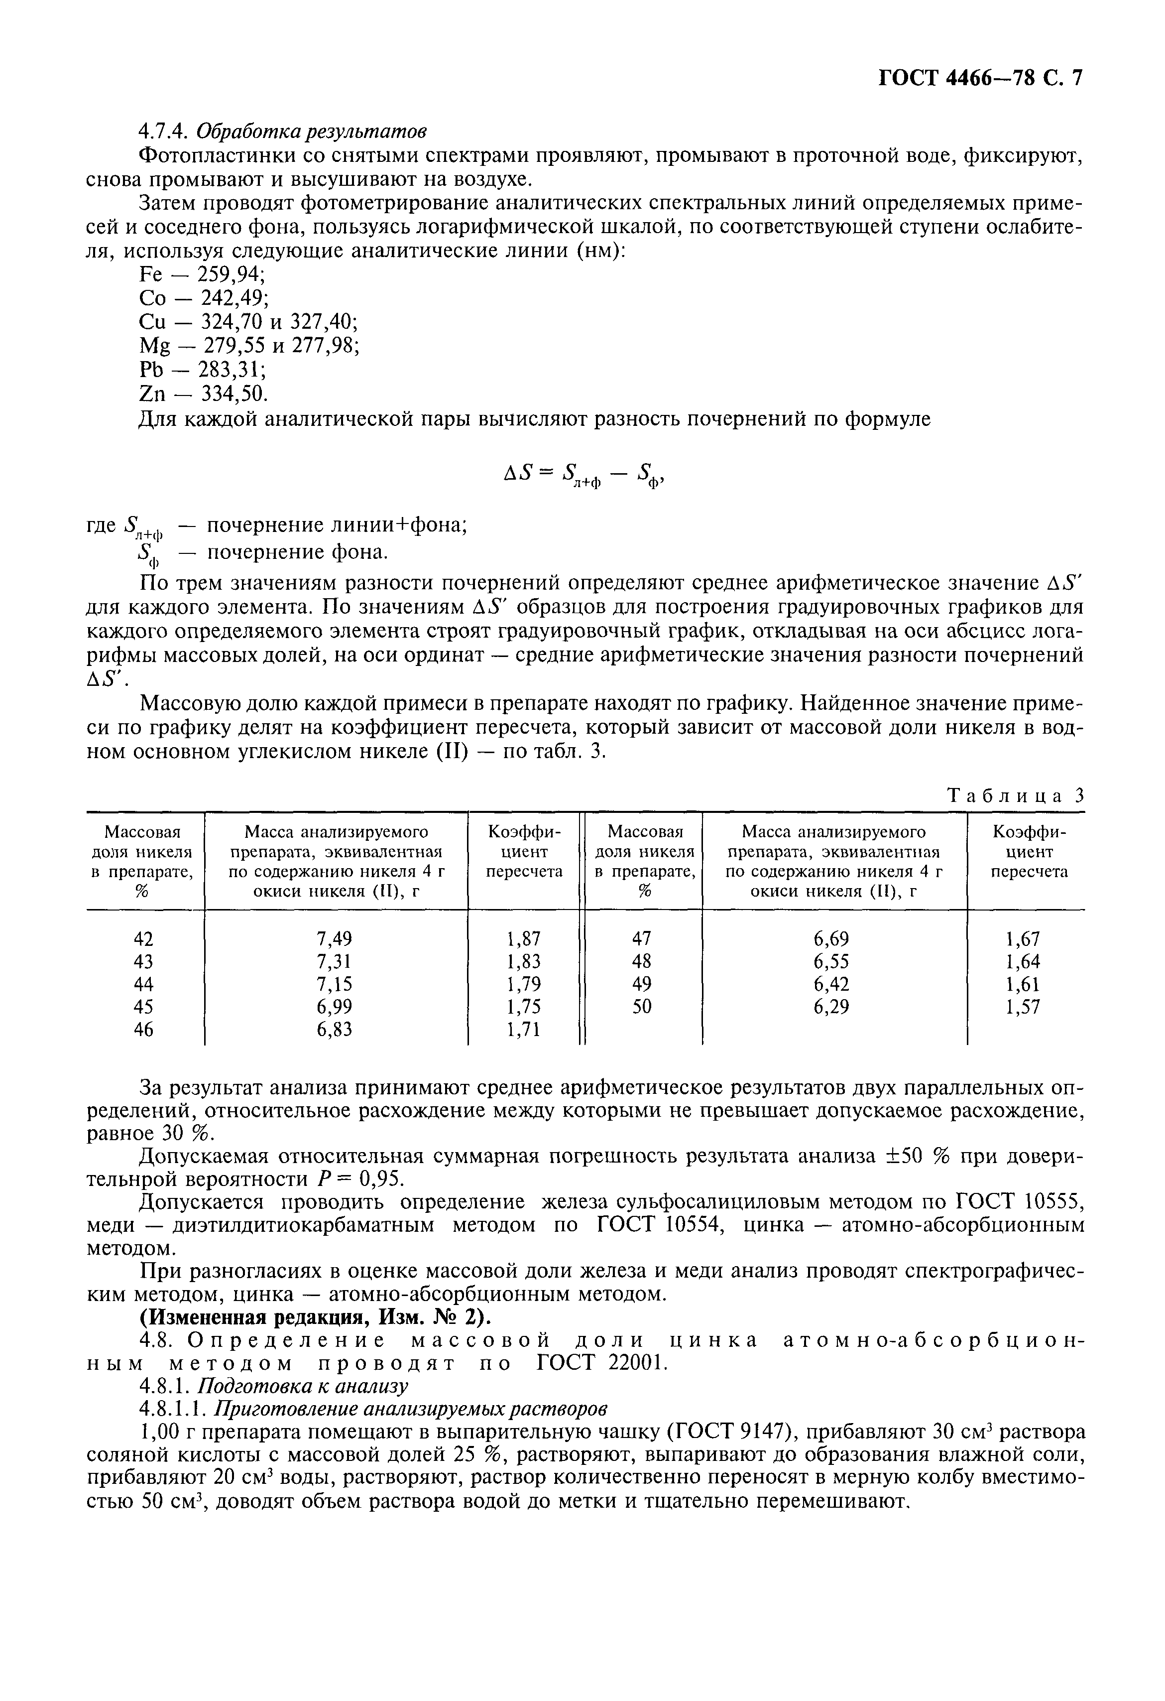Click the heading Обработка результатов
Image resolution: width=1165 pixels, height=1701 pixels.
pyautogui.click(x=313, y=132)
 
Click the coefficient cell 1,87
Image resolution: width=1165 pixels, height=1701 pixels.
pyautogui.click(x=523, y=938)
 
